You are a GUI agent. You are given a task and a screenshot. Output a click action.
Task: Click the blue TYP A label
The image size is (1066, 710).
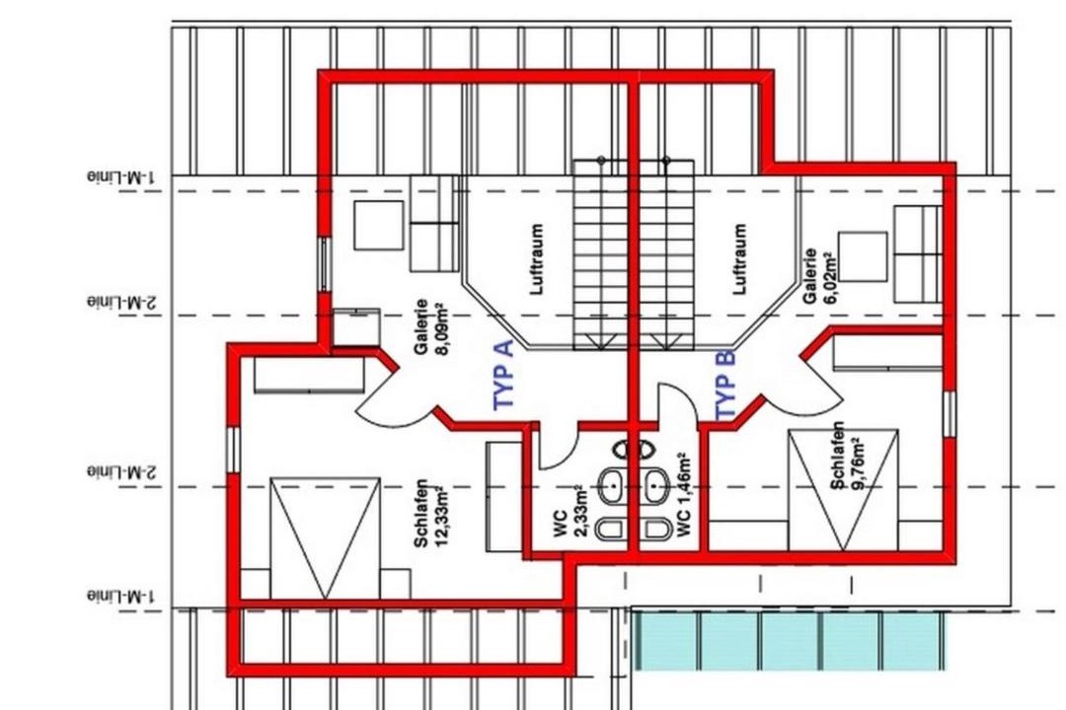[503, 376]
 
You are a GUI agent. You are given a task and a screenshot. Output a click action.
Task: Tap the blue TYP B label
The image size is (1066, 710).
[725, 386]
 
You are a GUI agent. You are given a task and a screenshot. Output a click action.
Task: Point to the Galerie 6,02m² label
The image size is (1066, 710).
[819, 276]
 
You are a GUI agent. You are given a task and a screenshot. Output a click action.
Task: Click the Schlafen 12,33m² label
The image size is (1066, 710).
[430, 513]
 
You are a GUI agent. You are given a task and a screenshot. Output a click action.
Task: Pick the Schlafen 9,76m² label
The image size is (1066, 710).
[847, 456]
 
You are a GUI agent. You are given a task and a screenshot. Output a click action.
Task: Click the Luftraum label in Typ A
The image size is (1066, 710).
[536, 259]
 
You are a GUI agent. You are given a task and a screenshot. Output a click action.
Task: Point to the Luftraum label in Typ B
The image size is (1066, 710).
[739, 259]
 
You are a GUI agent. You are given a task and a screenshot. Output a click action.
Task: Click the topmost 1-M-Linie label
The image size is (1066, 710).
[121, 177]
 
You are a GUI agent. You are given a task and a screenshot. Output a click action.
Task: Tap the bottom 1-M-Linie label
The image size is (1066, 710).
[121, 597]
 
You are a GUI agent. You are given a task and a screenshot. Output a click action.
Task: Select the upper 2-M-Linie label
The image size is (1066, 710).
[121, 302]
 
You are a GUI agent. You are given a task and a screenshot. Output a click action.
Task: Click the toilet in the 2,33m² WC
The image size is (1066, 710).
[611, 529]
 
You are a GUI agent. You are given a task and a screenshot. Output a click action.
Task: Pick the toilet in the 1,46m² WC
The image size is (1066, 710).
[655, 529]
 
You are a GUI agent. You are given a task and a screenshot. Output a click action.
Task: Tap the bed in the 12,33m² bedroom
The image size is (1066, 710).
[325, 538]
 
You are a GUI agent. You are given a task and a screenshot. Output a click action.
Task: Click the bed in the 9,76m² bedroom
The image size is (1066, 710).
[843, 489]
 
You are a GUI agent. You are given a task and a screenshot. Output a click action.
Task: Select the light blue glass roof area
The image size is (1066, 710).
[789, 640]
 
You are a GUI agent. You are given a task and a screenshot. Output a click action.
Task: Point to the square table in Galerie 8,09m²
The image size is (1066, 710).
[378, 225]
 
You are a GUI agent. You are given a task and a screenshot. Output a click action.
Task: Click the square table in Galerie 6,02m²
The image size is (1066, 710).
[863, 256]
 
